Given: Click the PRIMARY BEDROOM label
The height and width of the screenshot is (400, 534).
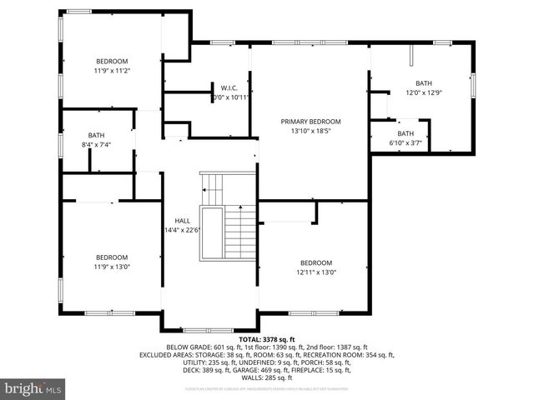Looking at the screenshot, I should point(310,122).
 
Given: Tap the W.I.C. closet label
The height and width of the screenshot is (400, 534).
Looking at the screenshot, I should point(229,87).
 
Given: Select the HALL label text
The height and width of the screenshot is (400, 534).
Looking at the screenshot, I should point(181,221).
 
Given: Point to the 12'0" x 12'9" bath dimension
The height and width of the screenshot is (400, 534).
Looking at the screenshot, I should point(424,92).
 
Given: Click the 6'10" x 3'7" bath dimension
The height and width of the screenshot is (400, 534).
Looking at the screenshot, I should point(406,142).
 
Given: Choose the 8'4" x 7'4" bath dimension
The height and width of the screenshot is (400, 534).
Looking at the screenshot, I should point(97,145).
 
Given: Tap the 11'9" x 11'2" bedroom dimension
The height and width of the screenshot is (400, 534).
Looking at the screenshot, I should point(112,71).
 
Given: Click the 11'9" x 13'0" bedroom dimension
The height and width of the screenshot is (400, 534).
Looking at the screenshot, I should point(112,267).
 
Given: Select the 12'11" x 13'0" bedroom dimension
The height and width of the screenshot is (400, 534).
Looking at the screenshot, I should point(316,272).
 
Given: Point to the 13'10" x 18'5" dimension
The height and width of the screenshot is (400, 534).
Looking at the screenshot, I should point(310,131).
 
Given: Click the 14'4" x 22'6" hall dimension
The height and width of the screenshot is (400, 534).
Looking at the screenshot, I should point(181,230).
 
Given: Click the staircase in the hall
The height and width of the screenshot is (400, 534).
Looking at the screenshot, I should point(227,217).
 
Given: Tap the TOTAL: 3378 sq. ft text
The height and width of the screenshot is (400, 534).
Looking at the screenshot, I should point(267,340).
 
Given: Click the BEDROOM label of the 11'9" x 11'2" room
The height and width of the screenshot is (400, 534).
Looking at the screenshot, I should point(112,62).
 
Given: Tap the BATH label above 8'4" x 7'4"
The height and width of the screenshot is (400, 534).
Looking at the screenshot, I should point(97,136).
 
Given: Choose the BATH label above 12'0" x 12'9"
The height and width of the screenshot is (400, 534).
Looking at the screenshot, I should point(424,83).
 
